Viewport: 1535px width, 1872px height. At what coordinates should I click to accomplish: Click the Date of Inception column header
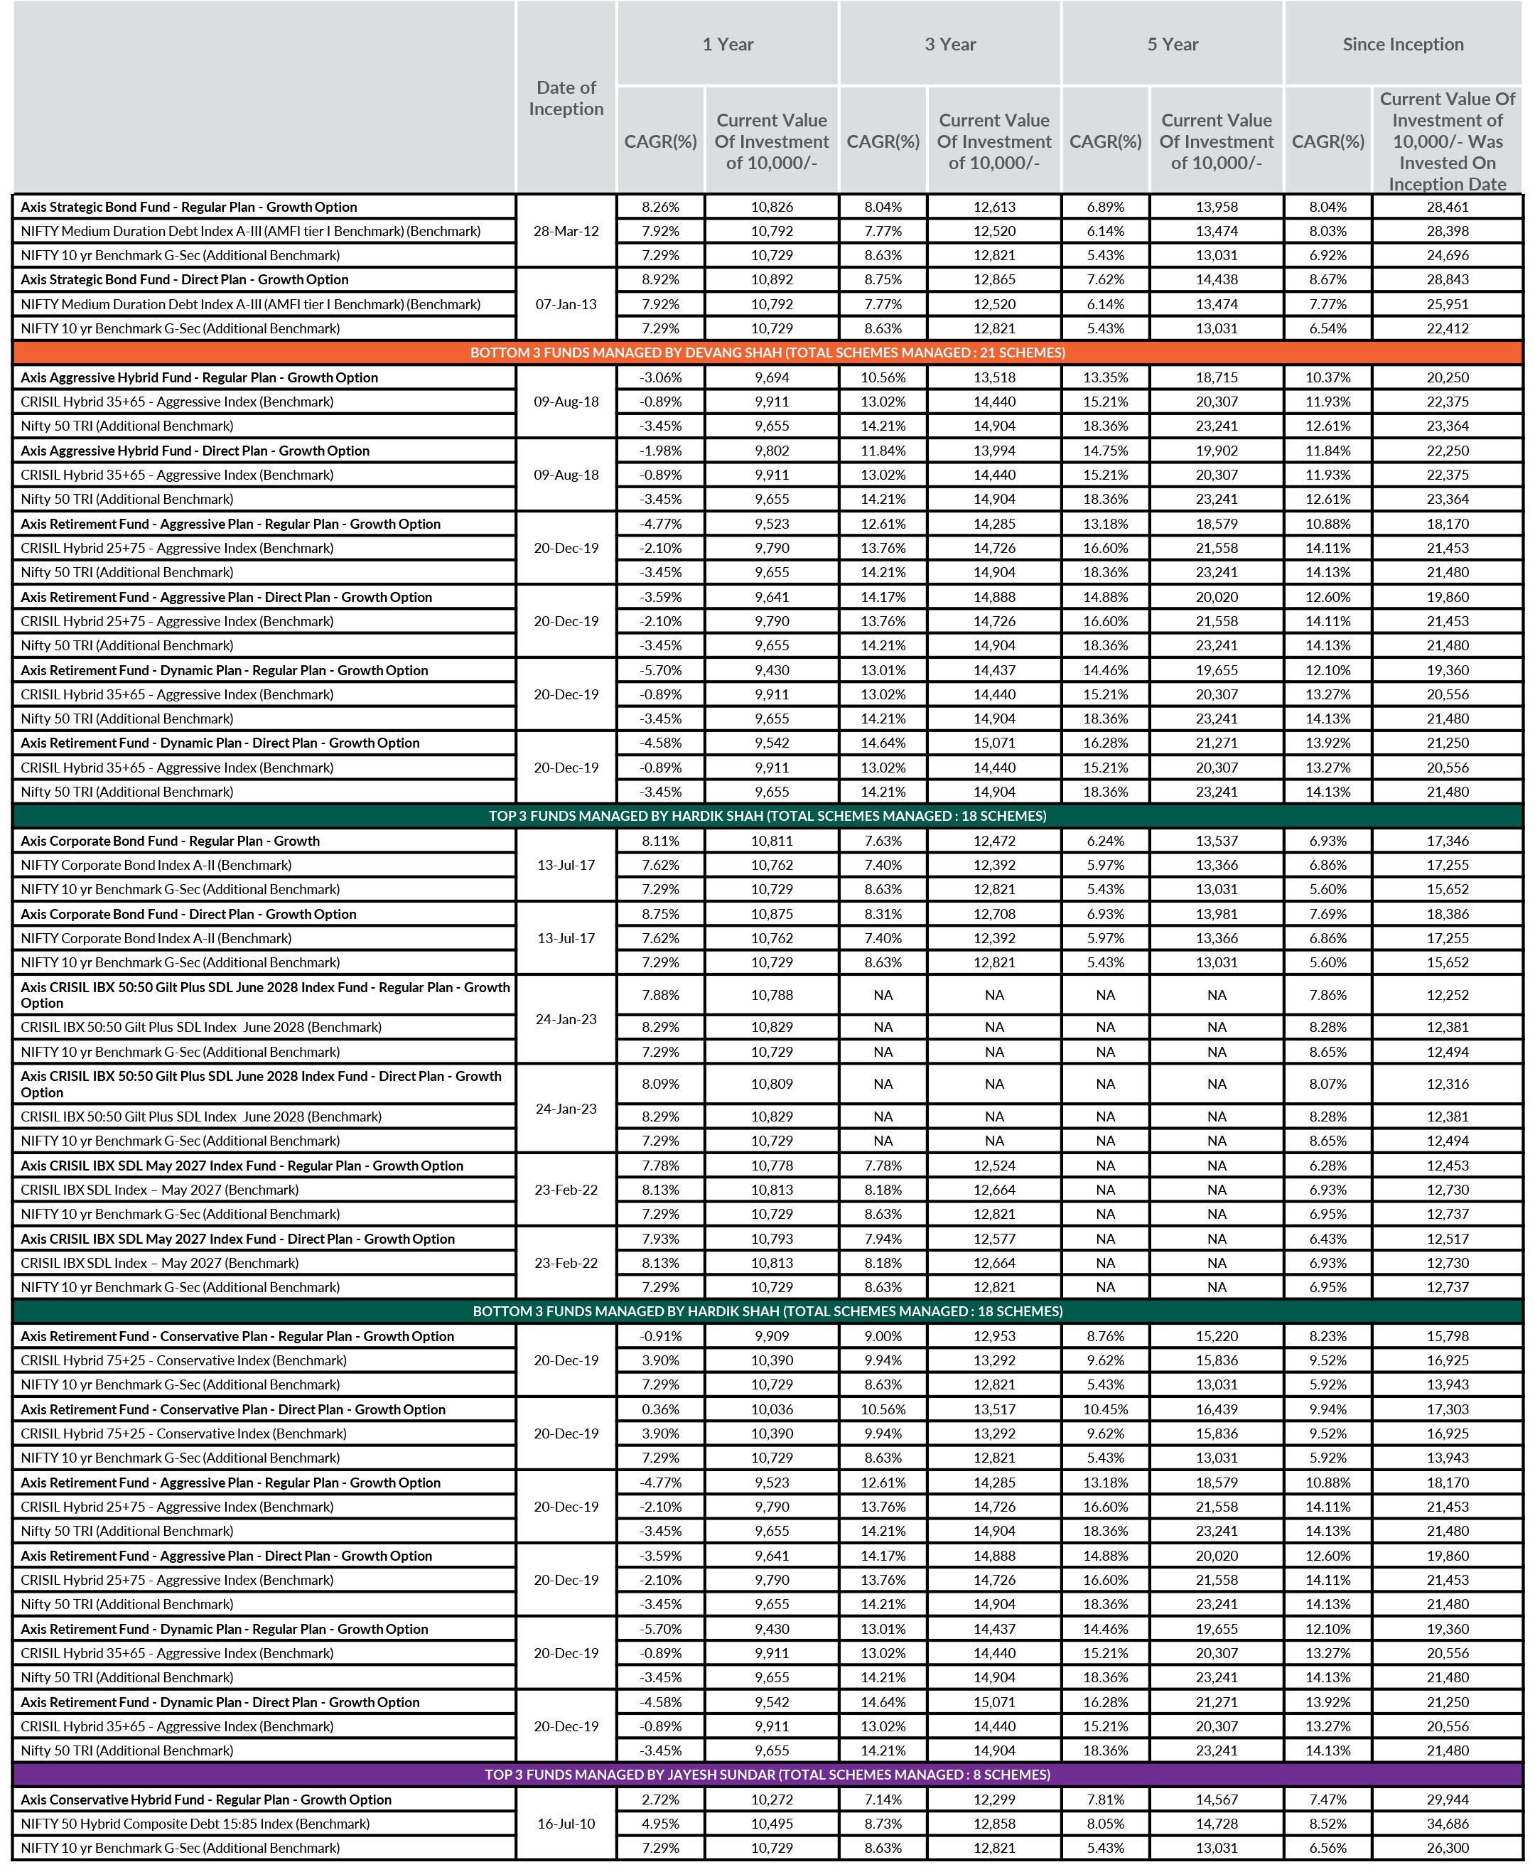(x=566, y=98)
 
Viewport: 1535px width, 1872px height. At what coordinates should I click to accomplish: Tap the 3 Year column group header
(x=949, y=44)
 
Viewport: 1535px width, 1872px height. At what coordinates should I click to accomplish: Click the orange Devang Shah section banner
(x=767, y=353)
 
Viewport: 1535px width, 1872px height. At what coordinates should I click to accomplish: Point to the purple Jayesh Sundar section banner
(x=767, y=1774)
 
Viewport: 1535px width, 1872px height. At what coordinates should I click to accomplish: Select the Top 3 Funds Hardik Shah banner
(x=767, y=815)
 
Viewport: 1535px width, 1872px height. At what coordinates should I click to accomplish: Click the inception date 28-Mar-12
(x=566, y=231)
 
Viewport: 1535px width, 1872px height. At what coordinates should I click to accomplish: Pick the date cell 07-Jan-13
(x=566, y=304)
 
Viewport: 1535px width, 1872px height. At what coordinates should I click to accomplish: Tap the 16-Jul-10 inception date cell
(x=566, y=1824)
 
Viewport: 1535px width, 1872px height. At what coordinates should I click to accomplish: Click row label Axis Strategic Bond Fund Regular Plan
(x=189, y=207)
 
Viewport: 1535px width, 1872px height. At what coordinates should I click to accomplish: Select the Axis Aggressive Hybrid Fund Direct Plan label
(x=195, y=450)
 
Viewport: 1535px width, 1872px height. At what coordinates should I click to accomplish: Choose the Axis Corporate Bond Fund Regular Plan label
(x=171, y=841)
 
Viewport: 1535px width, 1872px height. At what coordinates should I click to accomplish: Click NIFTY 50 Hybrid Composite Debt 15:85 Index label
(x=195, y=1824)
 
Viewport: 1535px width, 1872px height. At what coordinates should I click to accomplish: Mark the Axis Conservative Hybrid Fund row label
(x=206, y=1800)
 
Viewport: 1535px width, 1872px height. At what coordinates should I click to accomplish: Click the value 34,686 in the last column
(x=1448, y=1824)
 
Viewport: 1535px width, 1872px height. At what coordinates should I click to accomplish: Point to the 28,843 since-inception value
(x=1448, y=279)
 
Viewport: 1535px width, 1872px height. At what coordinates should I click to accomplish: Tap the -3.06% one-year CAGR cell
(x=660, y=377)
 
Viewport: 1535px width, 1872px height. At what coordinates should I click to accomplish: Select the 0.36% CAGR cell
(x=660, y=1409)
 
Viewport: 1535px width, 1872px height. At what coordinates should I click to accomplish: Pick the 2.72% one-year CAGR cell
(x=660, y=1800)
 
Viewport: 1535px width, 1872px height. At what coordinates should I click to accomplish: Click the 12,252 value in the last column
(x=1448, y=995)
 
